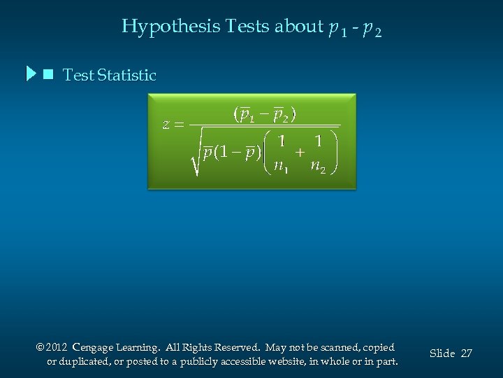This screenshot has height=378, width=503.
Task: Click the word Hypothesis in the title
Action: coord(171,27)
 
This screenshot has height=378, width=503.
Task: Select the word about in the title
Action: coord(298,27)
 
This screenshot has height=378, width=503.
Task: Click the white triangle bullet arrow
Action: coord(30,74)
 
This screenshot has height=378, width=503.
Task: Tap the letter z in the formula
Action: coord(166,125)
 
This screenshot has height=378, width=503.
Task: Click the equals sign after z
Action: coord(179,125)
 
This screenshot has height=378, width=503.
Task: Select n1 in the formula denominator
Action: coord(282,167)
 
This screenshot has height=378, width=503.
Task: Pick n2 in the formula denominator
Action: coord(318,167)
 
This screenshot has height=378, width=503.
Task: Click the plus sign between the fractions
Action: coord(300,152)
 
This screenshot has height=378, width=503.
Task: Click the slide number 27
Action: coord(466,353)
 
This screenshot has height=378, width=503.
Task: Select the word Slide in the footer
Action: coord(442,353)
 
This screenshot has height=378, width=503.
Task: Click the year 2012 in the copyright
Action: coord(57,347)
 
